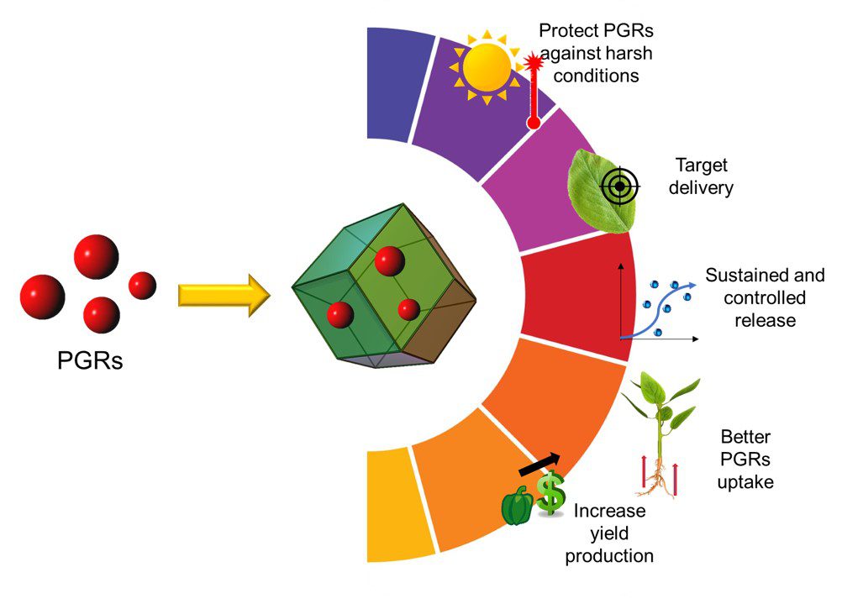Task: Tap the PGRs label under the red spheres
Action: pos(90,361)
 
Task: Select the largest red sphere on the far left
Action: pos(42,296)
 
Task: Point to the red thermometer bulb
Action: pos(533,123)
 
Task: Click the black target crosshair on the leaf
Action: pos(619,186)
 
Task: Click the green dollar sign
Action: pos(551,493)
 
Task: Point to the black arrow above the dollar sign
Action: pos(539,463)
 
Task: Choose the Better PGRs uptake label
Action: pos(747,460)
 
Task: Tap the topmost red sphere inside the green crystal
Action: pos(389,261)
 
